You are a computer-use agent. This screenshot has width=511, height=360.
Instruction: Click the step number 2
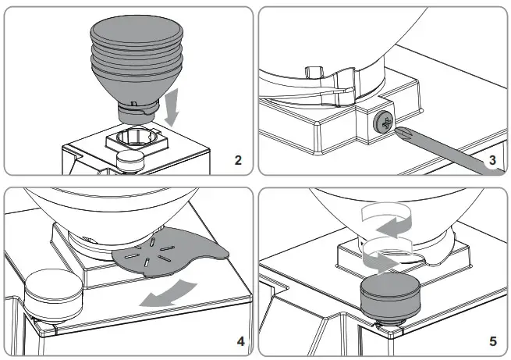point(238,161)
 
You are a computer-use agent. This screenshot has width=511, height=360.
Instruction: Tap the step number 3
point(491,161)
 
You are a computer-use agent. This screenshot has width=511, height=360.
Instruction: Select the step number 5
point(491,341)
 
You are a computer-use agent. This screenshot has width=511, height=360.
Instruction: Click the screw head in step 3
point(385,121)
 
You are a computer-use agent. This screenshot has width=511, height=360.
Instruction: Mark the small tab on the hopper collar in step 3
point(313,74)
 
